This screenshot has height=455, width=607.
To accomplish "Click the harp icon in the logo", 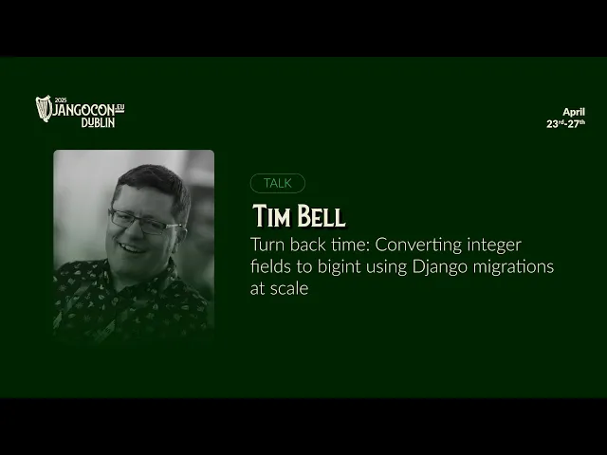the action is [x=44, y=108].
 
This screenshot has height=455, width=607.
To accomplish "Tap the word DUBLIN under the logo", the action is [x=98, y=122].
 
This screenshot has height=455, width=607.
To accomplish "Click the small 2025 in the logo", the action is [x=61, y=100].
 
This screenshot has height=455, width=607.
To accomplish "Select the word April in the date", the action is [x=574, y=112].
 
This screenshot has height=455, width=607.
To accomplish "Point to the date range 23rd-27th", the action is [x=565, y=124].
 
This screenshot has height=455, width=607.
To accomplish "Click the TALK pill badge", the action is [x=278, y=183].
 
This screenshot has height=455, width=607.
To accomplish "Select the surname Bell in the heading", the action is [x=321, y=216].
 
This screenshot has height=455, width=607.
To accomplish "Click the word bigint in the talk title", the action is [x=340, y=267].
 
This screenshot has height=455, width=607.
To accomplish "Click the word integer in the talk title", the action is [x=494, y=246].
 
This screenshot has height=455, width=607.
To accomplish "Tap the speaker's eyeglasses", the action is [x=145, y=222].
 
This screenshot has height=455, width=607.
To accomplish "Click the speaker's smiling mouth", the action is [x=131, y=248].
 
